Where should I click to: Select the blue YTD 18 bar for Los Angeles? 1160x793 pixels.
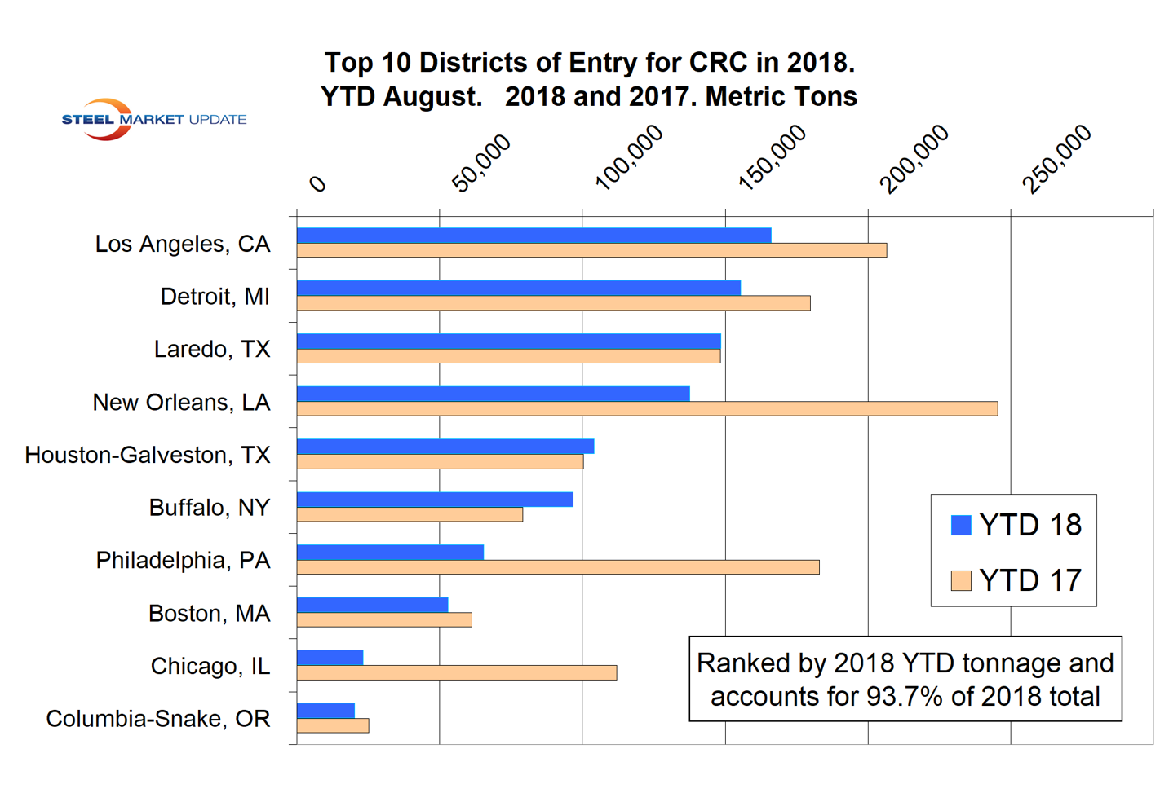534,236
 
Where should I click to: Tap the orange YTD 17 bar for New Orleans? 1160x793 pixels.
647,409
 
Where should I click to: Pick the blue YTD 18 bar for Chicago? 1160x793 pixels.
330,658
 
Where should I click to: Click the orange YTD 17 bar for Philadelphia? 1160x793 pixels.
558,567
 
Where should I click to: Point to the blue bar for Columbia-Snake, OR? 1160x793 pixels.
325,711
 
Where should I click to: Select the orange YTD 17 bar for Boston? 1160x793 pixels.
384,620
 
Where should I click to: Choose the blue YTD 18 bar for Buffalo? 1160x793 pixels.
435,500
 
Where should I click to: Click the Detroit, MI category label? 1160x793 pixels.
215,297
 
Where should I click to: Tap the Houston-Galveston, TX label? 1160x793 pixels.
148,455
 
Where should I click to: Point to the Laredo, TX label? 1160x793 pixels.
212,350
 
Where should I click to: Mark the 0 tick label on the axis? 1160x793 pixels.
317,184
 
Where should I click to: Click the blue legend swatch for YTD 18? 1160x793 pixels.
961,525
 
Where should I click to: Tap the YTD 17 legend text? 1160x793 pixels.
1030,580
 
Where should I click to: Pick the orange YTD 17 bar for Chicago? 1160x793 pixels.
456,673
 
